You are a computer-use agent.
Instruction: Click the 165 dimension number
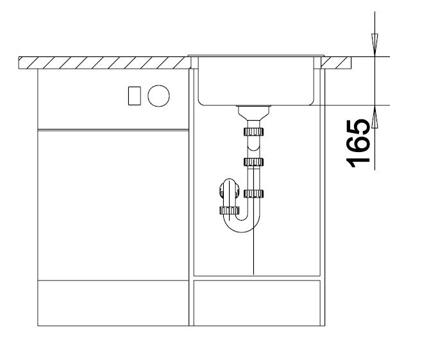coord(358,144)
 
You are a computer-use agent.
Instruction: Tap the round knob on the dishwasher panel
coord(158,96)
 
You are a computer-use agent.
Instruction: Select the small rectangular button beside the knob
coord(134,96)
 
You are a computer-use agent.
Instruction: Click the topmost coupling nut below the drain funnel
coord(253,132)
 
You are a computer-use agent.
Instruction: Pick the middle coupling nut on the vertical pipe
coord(253,162)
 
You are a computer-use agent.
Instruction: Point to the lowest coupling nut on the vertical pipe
coord(253,194)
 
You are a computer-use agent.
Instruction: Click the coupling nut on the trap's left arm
coord(230,210)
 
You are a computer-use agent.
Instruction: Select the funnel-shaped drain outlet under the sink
coord(253,113)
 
